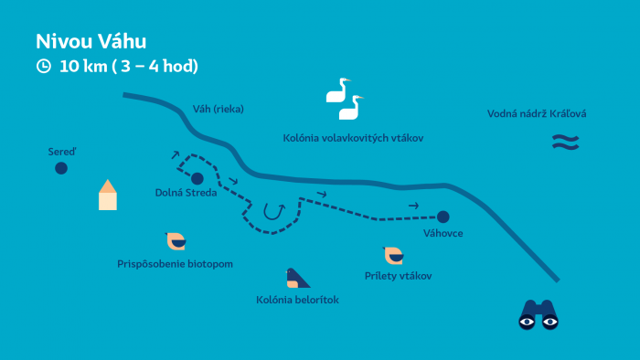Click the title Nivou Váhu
(91, 41)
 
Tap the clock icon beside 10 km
(43, 66)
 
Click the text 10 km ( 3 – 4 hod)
(129, 66)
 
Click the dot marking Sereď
(61, 168)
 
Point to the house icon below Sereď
(108, 195)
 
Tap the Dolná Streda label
(186, 193)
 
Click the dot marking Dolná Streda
(197, 178)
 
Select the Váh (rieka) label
(219, 109)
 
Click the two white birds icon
(345, 99)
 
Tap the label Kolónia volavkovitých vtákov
(353, 137)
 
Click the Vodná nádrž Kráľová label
(537, 114)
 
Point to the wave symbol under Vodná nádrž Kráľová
(565, 142)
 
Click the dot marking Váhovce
(443, 217)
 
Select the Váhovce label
(443, 234)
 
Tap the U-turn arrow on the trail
(273, 212)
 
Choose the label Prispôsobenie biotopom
(175, 264)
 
